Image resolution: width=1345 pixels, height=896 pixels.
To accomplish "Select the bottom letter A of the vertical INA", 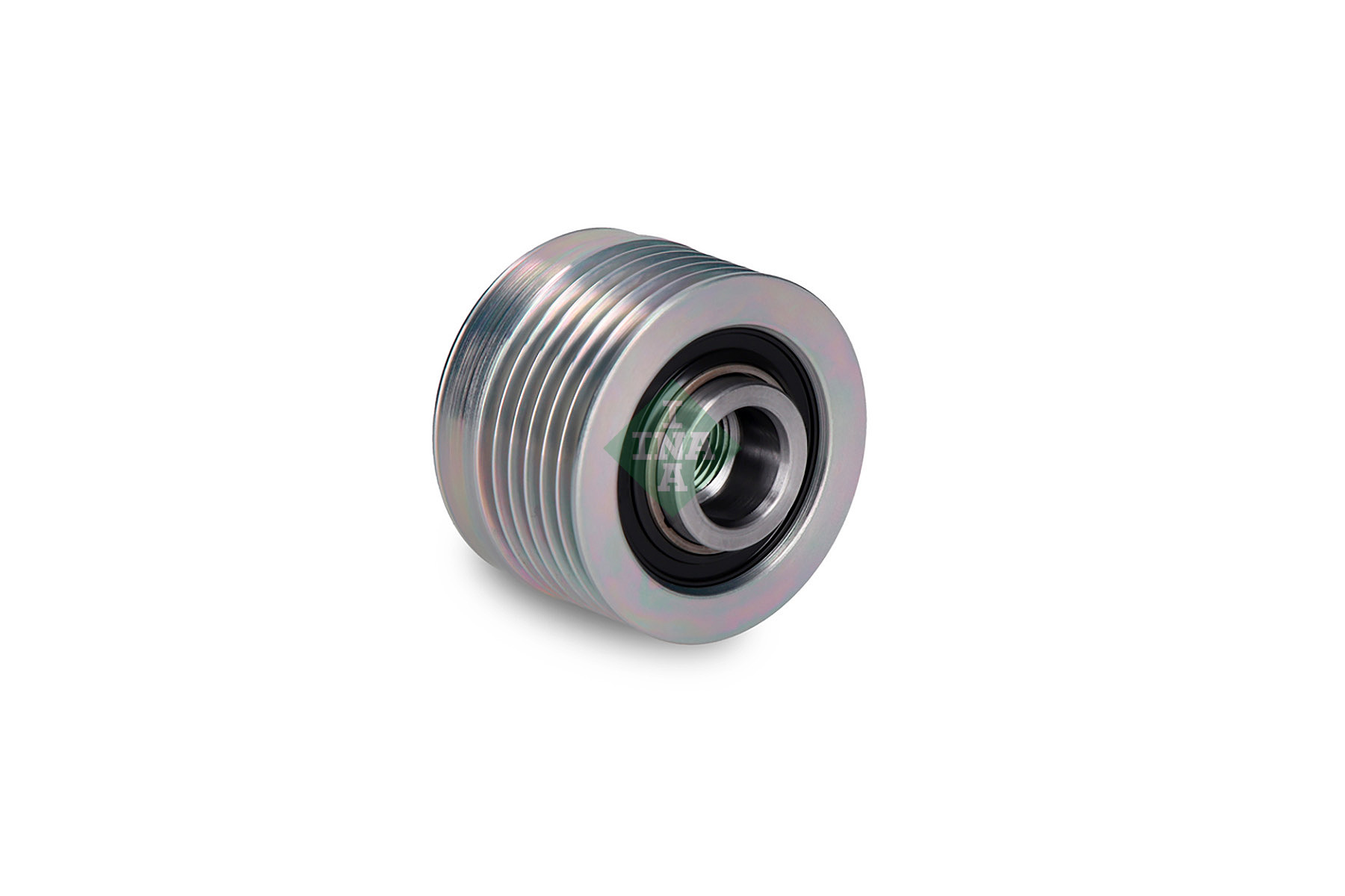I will [x=675, y=477].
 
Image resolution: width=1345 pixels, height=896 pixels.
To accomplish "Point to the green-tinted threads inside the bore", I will [x=722, y=447].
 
